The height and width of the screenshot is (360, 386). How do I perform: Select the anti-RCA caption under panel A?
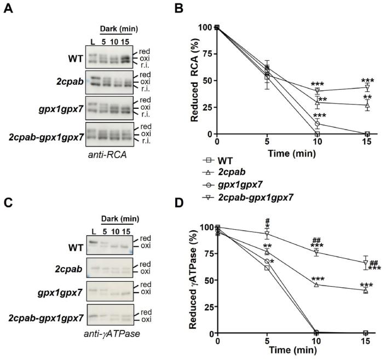tap(108, 154)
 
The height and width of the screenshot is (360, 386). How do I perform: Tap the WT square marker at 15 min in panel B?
tap(367, 134)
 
